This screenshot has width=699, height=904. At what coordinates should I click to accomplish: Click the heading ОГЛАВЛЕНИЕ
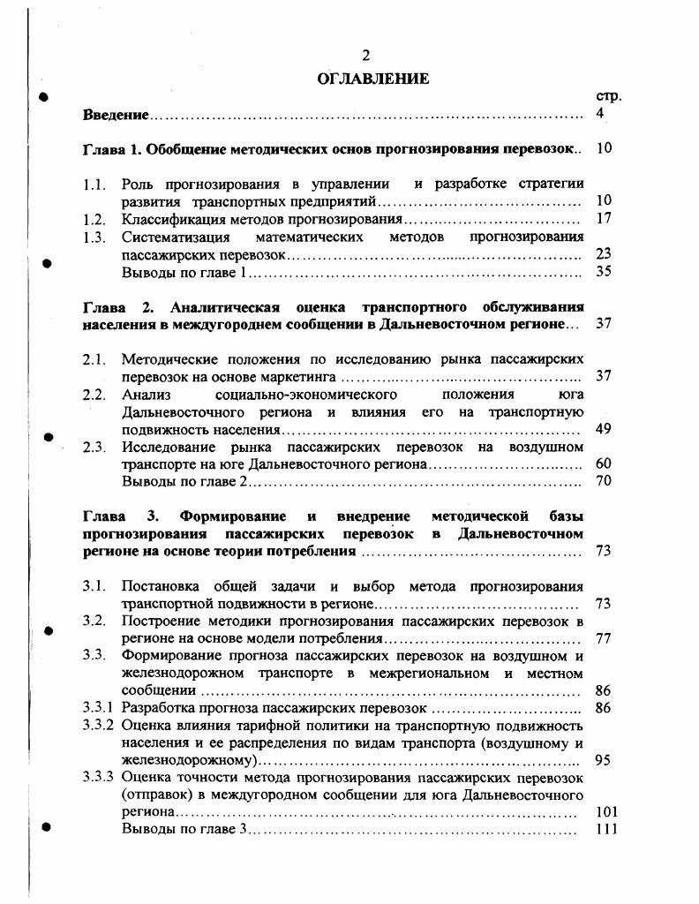point(373,79)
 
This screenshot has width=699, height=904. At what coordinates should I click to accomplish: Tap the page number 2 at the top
point(366,57)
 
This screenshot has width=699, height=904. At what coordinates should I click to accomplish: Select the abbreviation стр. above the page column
point(609,96)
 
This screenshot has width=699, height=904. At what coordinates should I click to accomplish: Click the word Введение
point(116,115)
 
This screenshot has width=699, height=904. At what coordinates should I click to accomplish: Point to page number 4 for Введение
point(600,114)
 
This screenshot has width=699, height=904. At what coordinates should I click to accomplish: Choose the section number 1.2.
point(94,218)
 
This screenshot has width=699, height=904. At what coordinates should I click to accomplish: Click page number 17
point(604,218)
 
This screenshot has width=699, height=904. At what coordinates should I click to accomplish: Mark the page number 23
point(604,254)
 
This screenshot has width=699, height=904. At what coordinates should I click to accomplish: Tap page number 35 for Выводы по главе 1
point(604,272)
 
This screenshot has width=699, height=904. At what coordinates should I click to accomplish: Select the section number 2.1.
point(94,359)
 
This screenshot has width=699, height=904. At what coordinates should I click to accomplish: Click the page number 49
point(604,430)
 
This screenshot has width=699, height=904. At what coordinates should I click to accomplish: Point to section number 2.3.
point(94,447)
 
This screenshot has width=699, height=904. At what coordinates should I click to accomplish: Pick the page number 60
point(604,463)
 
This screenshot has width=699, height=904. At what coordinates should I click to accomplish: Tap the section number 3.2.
point(94,621)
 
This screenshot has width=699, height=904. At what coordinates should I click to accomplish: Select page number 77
point(604,638)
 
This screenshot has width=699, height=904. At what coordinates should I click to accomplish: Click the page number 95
point(604,760)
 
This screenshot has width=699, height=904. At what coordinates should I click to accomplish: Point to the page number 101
point(606,811)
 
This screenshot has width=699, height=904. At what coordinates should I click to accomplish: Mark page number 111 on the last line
point(606,829)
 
